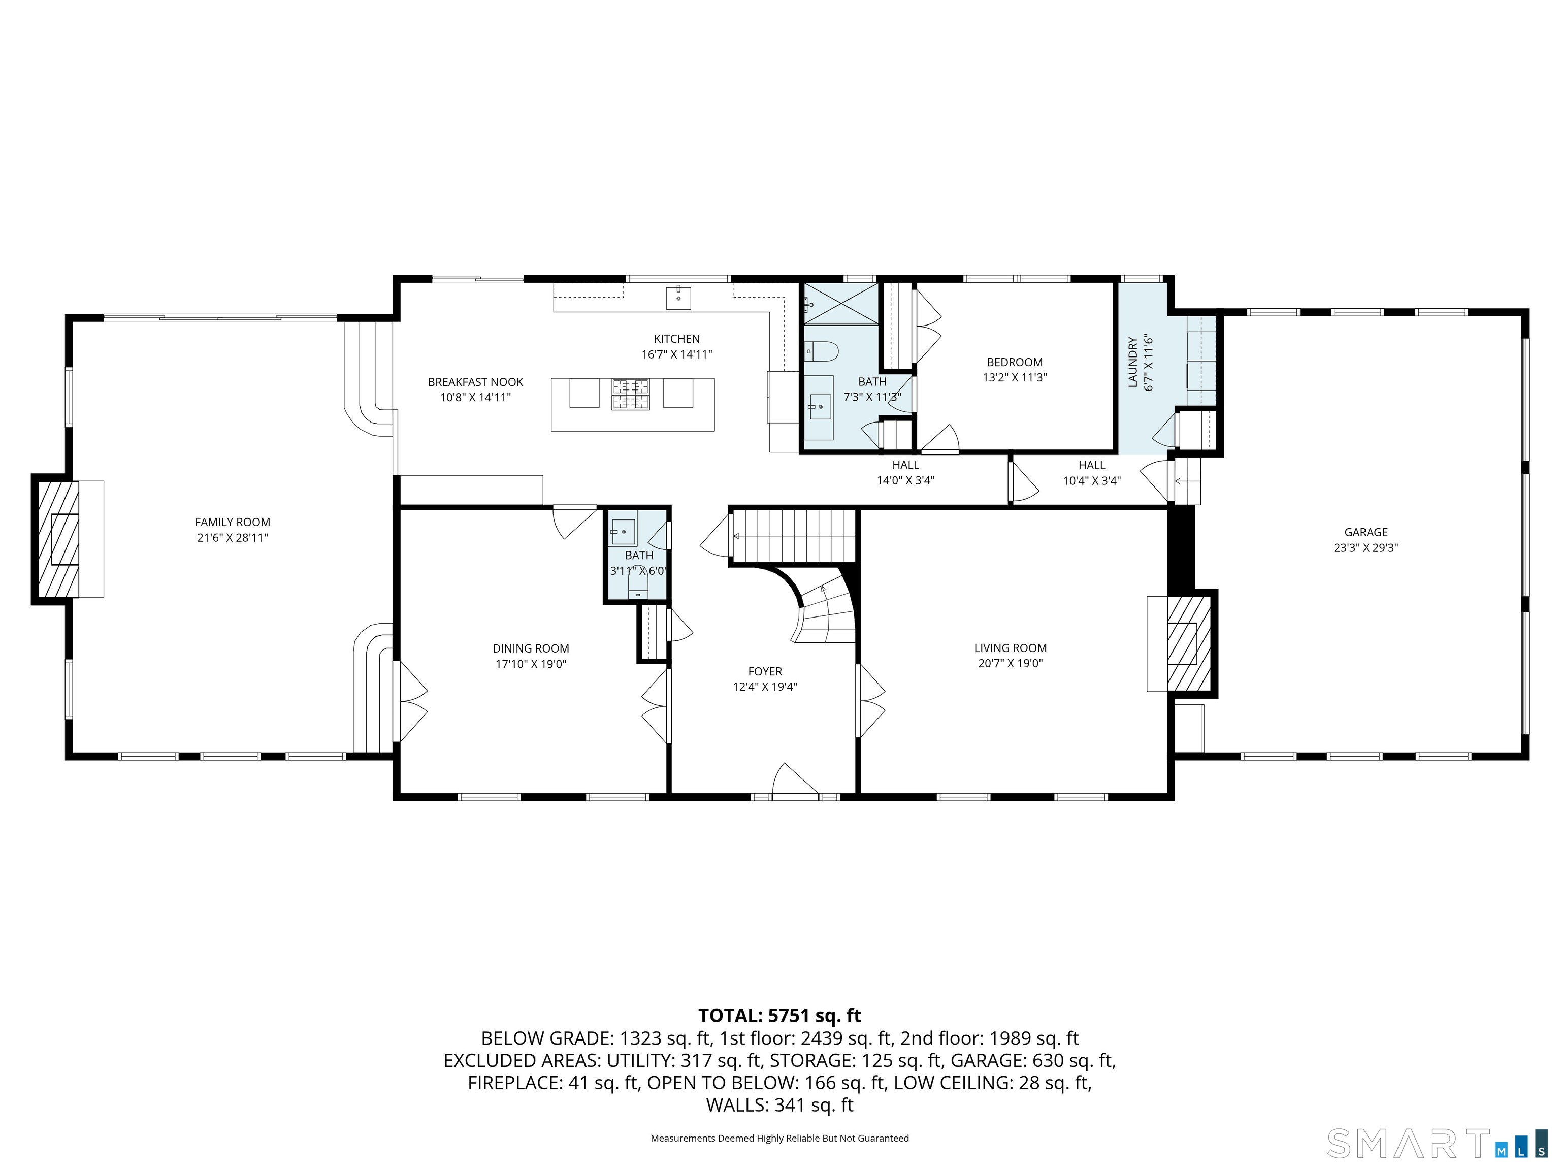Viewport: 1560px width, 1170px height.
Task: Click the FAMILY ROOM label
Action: click(x=233, y=522)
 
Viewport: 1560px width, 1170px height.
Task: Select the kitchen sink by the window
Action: click(x=678, y=298)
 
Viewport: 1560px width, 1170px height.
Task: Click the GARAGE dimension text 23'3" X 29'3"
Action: click(x=1366, y=547)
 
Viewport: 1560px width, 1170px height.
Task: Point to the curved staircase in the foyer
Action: click(x=825, y=606)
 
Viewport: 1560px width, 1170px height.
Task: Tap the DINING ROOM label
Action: click(x=530, y=648)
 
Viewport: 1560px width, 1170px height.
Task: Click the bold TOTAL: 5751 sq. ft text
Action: click(x=779, y=1016)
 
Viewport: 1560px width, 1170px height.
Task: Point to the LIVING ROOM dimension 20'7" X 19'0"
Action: click(x=1010, y=663)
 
